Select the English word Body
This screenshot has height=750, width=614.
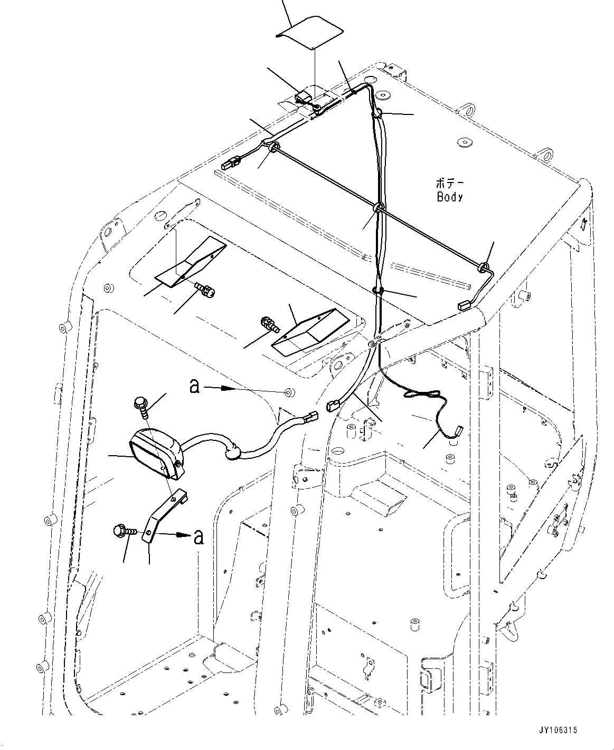click(x=450, y=197)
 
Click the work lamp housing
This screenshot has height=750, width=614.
click(x=156, y=453)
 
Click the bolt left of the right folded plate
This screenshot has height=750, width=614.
click(x=270, y=324)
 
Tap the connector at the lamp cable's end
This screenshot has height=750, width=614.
click(x=311, y=416)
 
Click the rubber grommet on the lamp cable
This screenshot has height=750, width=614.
click(x=233, y=452)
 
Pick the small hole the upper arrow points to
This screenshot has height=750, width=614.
click(x=289, y=391)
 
